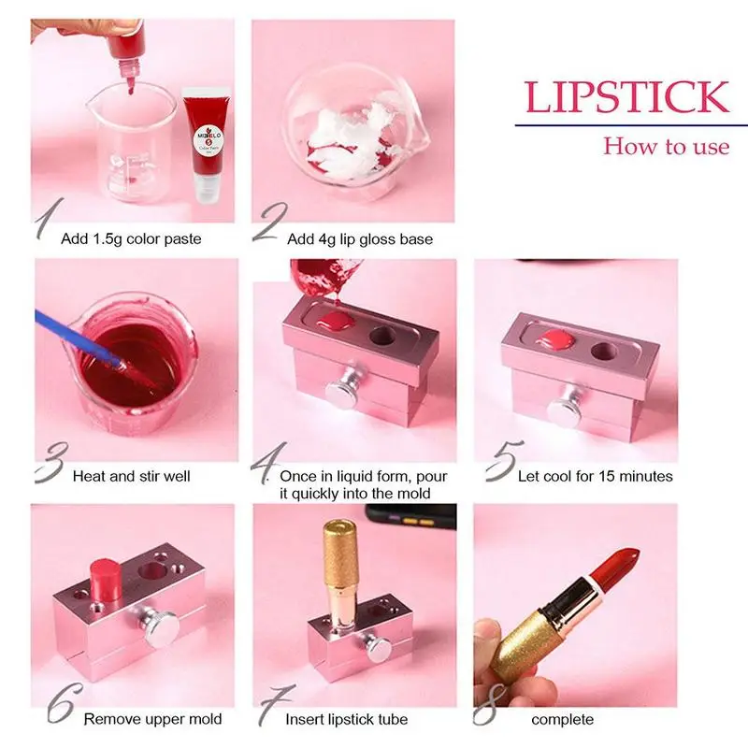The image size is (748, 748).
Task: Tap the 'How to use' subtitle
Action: tap(665, 146)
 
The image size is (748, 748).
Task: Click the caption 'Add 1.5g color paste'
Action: tap(131, 239)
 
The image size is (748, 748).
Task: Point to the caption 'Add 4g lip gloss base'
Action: tap(360, 239)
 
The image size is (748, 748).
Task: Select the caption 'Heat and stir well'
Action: tap(131, 476)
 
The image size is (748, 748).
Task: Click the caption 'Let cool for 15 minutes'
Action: tap(596, 476)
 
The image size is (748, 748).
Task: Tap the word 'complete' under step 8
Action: tap(562, 719)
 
